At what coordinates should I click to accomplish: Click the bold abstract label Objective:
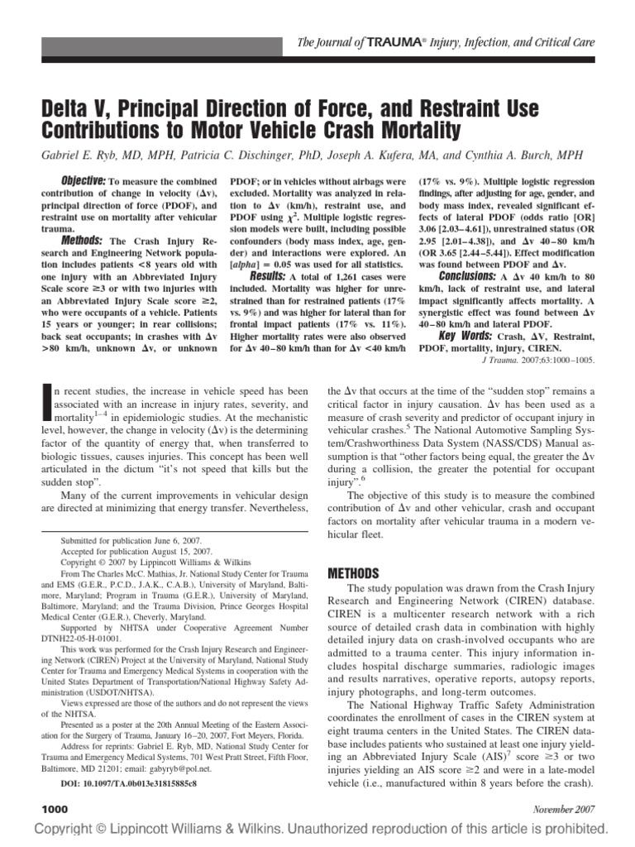[x=83, y=181]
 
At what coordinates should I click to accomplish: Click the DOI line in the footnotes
[x=129, y=782]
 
